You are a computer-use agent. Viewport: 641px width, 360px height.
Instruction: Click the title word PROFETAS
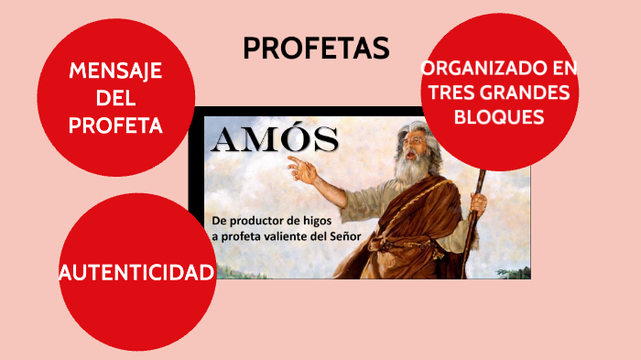coord(316,49)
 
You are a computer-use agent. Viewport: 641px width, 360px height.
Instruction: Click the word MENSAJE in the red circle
coord(115,71)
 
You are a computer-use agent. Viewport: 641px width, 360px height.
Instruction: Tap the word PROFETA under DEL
coord(115,125)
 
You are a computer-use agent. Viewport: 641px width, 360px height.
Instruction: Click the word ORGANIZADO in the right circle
coord(472,69)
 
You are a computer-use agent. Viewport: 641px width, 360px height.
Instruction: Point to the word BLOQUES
coord(498,117)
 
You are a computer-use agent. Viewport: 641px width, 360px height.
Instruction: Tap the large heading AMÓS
coord(275,140)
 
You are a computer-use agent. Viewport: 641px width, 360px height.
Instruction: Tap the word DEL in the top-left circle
coord(115,99)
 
